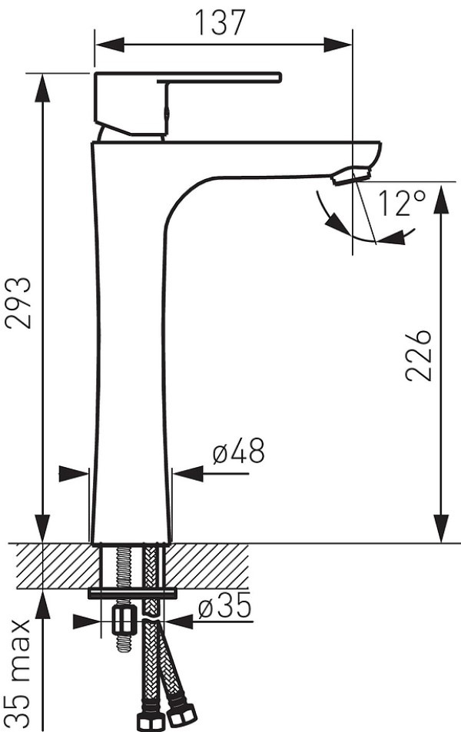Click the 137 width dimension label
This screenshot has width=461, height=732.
pyautogui.click(x=220, y=22)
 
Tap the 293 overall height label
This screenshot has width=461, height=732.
pyautogui.click(x=18, y=303)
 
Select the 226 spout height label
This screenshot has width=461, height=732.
pyautogui.click(x=418, y=356)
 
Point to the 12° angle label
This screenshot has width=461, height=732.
pyautogui.click(x=402, y=203)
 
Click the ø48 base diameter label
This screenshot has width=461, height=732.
pyautogui.click(x=238, y=451)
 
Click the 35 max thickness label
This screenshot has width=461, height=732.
pyautogui.click(x=18, y=674)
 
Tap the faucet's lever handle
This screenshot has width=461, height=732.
pyautogui.click(x=187, y=104)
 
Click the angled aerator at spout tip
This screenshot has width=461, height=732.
pyautogui.click(x=351, y=176)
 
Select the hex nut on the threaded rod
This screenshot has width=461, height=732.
pyautogui.click(x=124, y=621)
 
